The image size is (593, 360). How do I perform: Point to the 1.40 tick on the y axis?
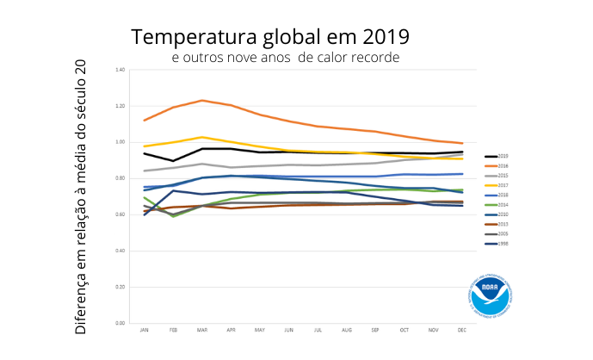pyautogui.click(x=120, y=69)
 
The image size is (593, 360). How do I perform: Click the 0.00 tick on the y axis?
pyautogui.click(x=120, y=323)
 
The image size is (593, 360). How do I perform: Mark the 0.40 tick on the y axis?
pyautogui.click(x=120, y=251)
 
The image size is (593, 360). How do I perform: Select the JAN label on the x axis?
pyautogui.click(x=144, y=331)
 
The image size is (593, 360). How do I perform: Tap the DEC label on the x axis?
pyautogui.click(x=463, y=331)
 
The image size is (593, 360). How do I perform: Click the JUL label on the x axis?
pyautogui.click(x=318, y=331)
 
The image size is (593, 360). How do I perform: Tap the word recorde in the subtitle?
pyautogui.click(x=375, y=57)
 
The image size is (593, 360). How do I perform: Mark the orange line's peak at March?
pyautogui.click(x=201, y=101)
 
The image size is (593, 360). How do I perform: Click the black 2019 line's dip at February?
pyautogui.click(x=173, y=161)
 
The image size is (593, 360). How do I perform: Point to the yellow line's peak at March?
pyautogui.click(x=201, y=137)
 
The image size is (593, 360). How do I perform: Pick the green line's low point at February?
pyautogui.click(x=173, y=216)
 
